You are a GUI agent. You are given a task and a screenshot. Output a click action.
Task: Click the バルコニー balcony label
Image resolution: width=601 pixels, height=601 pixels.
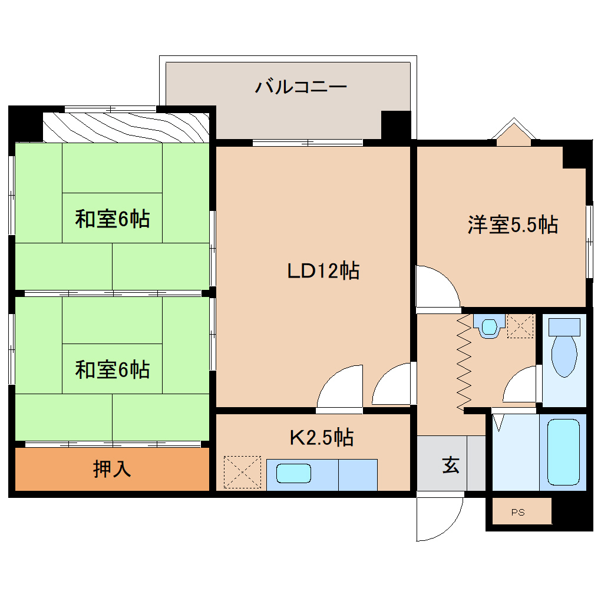(300, 88)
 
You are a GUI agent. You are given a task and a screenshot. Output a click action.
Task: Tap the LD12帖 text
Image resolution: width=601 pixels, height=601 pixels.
(323, 270)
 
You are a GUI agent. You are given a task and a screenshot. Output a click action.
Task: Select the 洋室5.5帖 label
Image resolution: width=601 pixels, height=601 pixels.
(513, 224)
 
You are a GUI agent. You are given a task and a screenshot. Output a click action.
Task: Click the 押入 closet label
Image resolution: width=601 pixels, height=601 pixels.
(112, 468)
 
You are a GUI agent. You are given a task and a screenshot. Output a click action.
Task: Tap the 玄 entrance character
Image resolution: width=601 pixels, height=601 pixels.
(451, 465)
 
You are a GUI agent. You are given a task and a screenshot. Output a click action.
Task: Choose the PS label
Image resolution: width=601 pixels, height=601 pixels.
(517, 512)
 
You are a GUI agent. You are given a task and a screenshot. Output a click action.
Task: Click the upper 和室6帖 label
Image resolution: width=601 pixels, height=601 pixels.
(112, 219)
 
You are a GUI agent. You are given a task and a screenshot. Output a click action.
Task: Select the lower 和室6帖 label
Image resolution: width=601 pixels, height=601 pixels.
(112, 369)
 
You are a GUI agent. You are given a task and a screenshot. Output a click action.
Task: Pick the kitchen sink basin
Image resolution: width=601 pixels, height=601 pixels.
(293, 473)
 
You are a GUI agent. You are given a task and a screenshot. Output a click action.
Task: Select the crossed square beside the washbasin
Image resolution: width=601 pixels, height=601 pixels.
(520, 326)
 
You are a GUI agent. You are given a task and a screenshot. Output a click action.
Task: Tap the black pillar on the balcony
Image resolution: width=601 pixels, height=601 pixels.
(395, 124)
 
